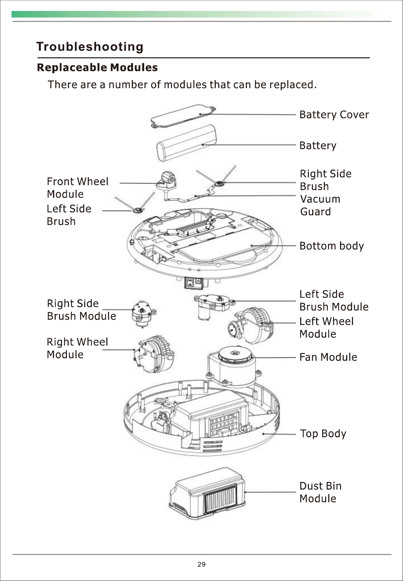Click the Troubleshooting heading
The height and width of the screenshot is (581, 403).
[90, 47]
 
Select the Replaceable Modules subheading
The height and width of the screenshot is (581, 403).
[97, 68]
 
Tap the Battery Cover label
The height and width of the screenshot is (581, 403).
[334, 115]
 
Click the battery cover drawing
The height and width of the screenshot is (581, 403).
[183, 116]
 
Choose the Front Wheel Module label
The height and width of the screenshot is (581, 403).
[78, 187]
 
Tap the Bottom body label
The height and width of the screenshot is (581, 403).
[331, 246]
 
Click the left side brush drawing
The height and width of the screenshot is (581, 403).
[138, 209]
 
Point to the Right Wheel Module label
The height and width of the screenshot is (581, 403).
[77, 348]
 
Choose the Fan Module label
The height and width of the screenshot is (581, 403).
[328, 357]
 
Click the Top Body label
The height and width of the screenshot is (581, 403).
[323, 433]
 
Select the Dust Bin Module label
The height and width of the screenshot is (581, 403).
[320, 492]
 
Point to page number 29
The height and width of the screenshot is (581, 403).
[201, 564]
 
